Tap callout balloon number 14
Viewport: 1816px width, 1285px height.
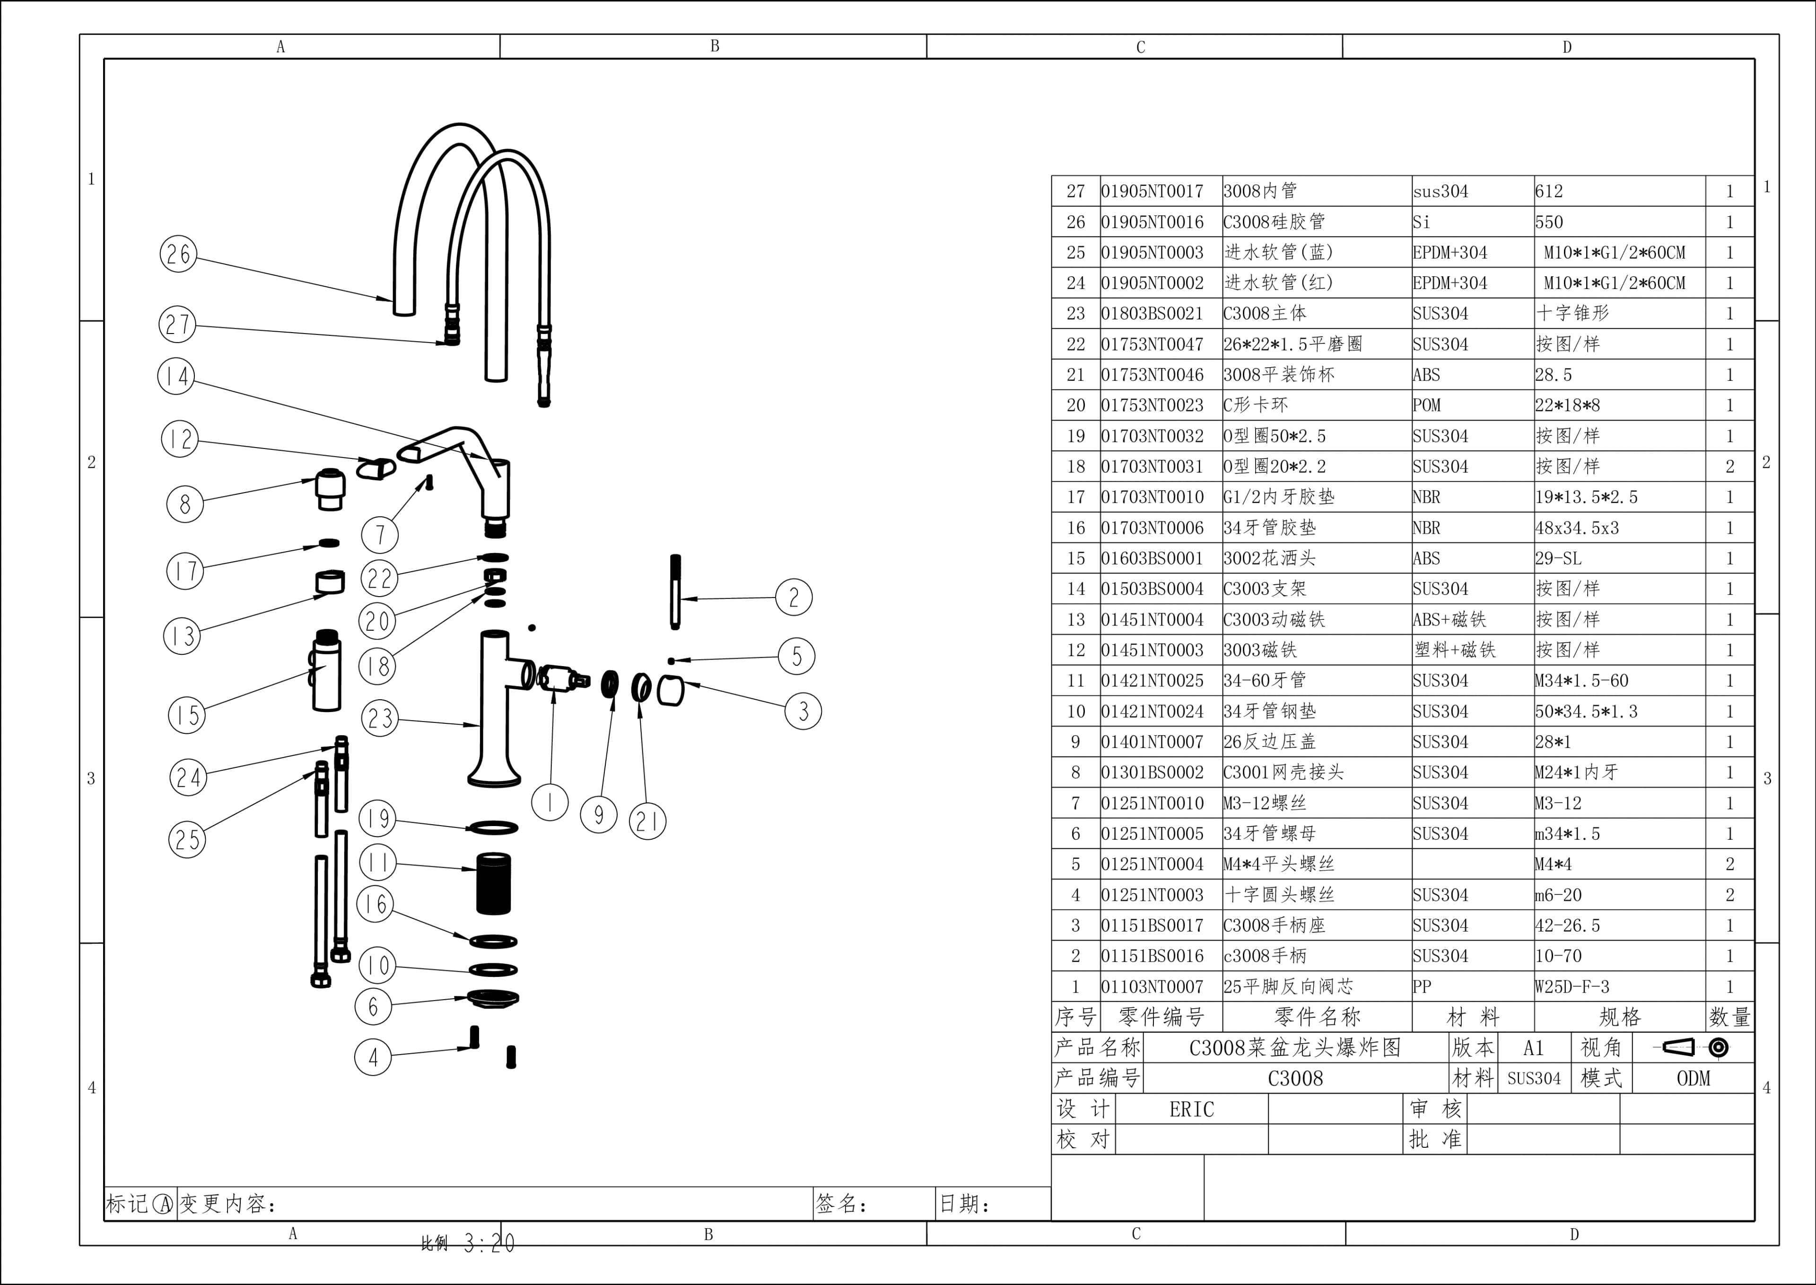click(x=176, y=377)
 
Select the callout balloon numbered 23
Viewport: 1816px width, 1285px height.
click(x=380, y=719)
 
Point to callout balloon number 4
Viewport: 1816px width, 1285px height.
click(x=373, y=1057)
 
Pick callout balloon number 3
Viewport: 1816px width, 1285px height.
click(x=803, y=712)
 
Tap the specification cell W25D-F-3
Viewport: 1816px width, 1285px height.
click(x=1572, y=987)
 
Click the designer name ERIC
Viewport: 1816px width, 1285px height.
click(x=1191, y=1109)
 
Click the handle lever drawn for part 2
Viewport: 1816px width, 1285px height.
click(x=675, y=592)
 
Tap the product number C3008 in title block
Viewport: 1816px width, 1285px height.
click(x=1295, y=1079)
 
